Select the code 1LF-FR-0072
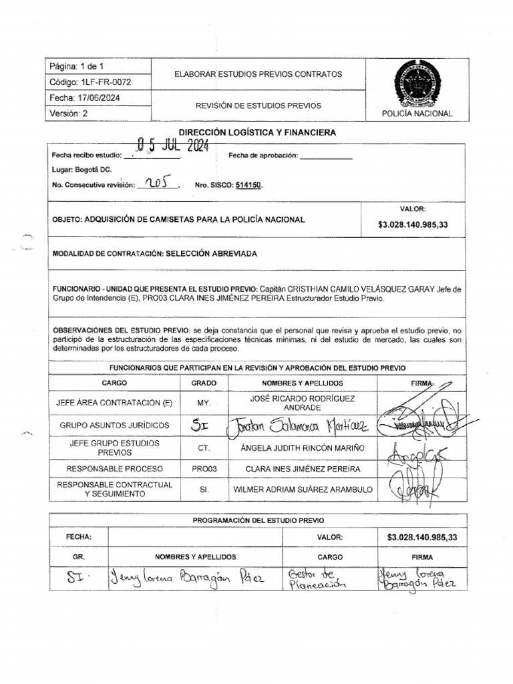[90, 82]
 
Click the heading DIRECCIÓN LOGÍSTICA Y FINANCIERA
[256, 133]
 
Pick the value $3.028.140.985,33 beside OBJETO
[413, 225]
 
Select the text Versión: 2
[69, 113]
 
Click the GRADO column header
[204, 383]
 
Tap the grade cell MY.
[204, 403]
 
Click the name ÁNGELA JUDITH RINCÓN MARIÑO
[303, 447]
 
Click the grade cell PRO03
[204, 469]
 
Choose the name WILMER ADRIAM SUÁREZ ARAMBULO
[303, 490]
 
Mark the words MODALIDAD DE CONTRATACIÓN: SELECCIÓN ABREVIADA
[154, 254]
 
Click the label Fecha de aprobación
[262, 156]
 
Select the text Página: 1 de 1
[76, 67]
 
